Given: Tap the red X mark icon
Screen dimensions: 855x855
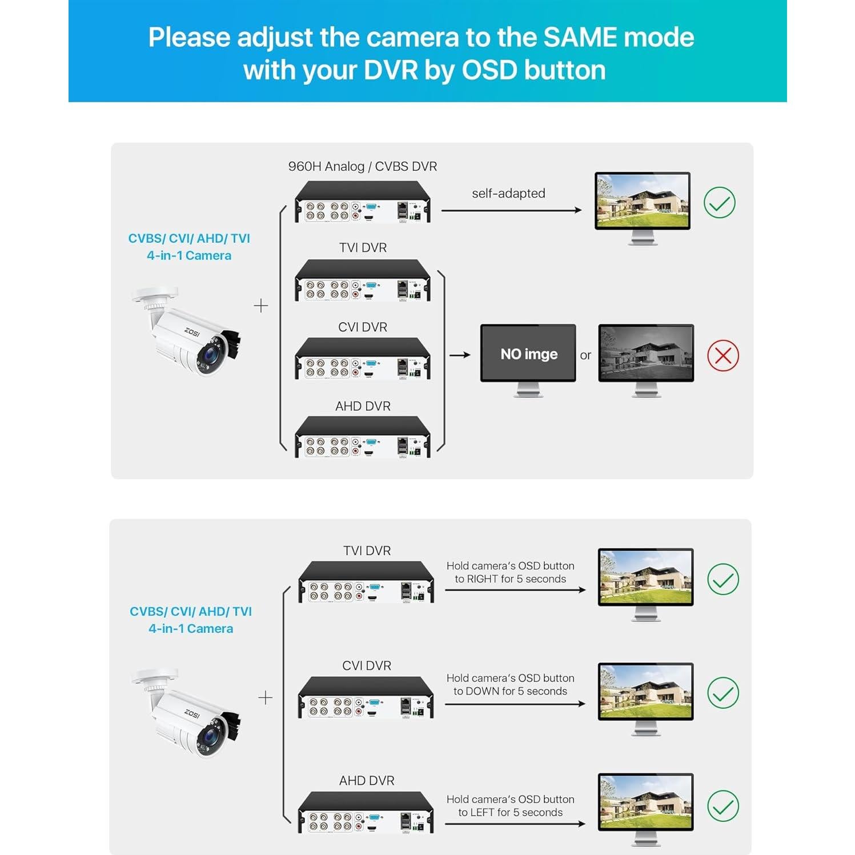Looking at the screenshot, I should (x=722, y=356).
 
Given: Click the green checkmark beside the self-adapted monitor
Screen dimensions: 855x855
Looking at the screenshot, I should (x=719, y=203).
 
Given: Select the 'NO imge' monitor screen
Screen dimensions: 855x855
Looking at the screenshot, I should (x=528, y=354).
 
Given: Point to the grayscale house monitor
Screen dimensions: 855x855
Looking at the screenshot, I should (x=646, y=354).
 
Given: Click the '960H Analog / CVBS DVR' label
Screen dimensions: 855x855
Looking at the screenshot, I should (x=362, y=166).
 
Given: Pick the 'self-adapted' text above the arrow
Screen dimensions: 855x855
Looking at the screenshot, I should (x=508, y=193).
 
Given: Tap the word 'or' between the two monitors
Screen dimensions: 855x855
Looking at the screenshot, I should (x=585, y=355).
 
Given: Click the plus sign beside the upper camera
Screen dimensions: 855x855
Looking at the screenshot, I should (x=260, y=306).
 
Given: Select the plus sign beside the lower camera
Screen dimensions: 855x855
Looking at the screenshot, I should (x=265, y=697).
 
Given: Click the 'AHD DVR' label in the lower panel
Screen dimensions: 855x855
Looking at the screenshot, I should (x=367, y=781).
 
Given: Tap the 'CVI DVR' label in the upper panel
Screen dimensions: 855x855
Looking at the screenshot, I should (x=363, y=327).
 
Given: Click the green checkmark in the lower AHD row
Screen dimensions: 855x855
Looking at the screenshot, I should (x=722, y=806).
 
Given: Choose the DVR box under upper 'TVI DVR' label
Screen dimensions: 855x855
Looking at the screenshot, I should (x=362, y=280).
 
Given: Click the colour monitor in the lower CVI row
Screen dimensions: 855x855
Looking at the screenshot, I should (x=645, y=692).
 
